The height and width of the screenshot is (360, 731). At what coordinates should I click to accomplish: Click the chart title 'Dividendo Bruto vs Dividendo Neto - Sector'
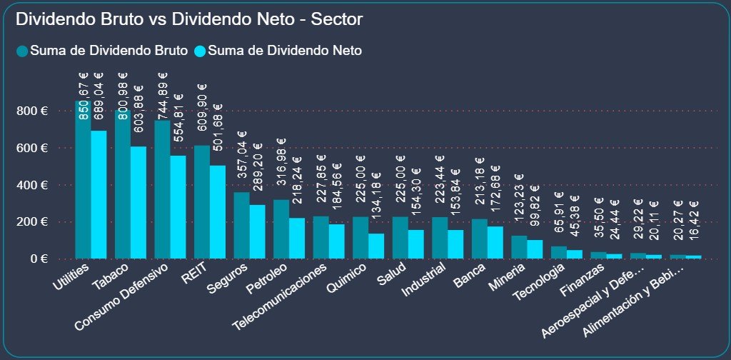coord(188,19)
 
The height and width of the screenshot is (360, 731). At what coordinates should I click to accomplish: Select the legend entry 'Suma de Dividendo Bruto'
coord(101,51)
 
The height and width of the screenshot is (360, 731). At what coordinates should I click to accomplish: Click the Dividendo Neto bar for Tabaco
coord(138,203)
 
